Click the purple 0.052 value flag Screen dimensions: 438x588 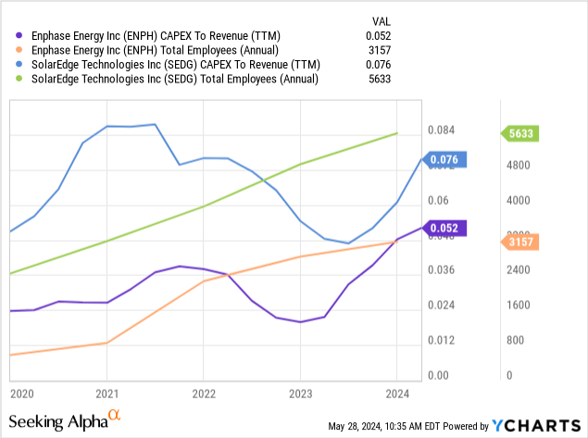point(449,228)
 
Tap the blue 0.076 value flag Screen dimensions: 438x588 point(449,159)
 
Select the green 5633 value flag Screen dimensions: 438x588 point(525,133)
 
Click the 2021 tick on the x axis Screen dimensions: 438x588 point(107,393)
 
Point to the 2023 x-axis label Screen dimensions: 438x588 point(300,393)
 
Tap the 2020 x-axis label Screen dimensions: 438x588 point(20,393)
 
